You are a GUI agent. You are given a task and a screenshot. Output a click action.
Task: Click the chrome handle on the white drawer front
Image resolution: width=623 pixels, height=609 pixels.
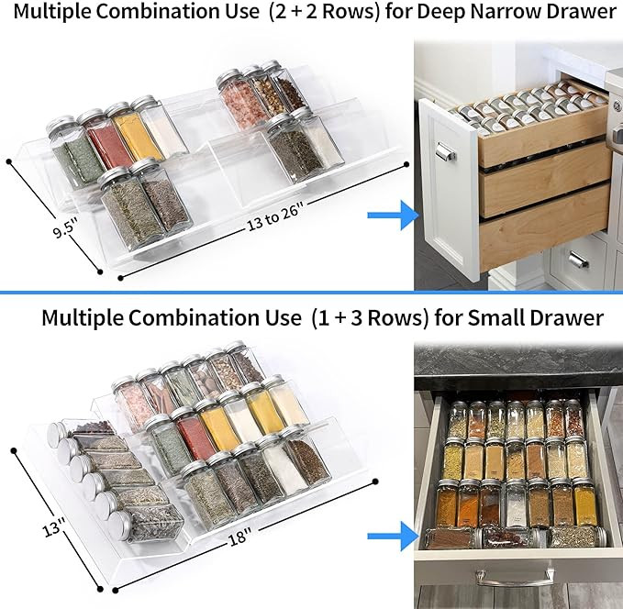pyautogui.click(x=446, y=150)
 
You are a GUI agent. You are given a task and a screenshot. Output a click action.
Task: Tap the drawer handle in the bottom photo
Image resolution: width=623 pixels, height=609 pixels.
pyautogui.click(x=514, y=575)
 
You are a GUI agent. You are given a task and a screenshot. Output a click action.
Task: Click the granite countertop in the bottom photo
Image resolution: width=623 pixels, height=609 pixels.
pyautogui.click(x=514, y=368)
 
